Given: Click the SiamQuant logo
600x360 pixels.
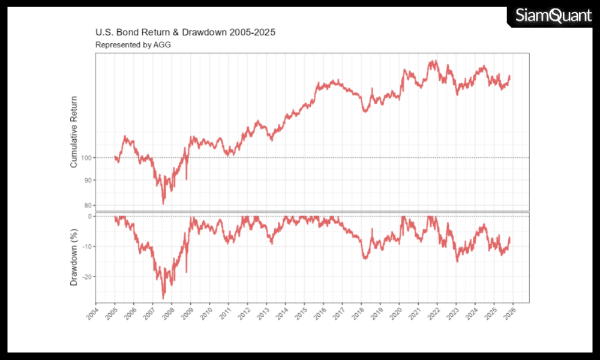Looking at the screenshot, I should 553,16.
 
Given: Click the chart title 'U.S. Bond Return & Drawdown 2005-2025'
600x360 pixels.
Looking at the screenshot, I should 185,32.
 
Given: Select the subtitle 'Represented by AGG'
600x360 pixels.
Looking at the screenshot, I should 130,44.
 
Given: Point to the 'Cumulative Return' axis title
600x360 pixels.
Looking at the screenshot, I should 74,132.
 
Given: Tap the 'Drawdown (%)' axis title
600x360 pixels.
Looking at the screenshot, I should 74,257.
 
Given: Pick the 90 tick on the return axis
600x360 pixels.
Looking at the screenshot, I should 88,180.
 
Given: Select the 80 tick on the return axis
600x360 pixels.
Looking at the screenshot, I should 88,205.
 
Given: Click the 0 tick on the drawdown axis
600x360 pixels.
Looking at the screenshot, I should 89,216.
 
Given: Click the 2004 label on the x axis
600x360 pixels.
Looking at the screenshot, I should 91,314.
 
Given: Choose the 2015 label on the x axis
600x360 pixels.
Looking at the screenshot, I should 299,314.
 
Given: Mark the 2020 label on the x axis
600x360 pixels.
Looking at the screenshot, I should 394,314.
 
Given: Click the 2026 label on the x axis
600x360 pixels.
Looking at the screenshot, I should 508,314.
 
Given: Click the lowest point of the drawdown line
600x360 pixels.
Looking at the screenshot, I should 163,298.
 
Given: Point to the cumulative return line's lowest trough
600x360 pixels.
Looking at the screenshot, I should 163,204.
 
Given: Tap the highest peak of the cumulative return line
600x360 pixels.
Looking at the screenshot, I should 431,61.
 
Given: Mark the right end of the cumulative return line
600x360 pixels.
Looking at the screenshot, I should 510,76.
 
